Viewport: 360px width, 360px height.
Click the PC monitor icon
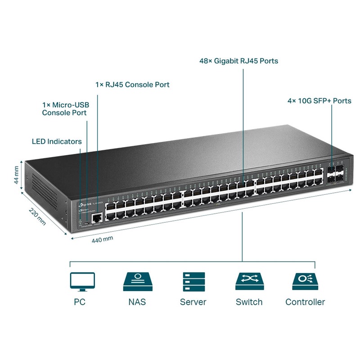[x=82, y=282]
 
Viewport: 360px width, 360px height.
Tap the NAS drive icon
[x=137, y=282]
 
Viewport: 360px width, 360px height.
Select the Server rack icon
[x=193, y=282]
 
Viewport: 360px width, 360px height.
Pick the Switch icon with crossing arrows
[x=249, y=282]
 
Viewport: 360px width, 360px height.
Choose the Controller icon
[x=305, y=282]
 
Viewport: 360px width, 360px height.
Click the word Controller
[x=305, y=302]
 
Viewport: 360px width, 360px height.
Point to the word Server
[x=193, y=302]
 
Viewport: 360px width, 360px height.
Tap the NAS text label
[x=137, y=302]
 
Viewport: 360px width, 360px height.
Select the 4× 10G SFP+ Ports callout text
[x=319, y=101]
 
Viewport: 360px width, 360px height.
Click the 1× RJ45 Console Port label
[x=132, y=85]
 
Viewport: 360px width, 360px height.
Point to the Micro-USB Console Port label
[x=64, y=109]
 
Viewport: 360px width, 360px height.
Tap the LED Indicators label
[x=57, y=141]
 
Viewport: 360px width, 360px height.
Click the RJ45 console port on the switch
[x=96, y=219]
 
